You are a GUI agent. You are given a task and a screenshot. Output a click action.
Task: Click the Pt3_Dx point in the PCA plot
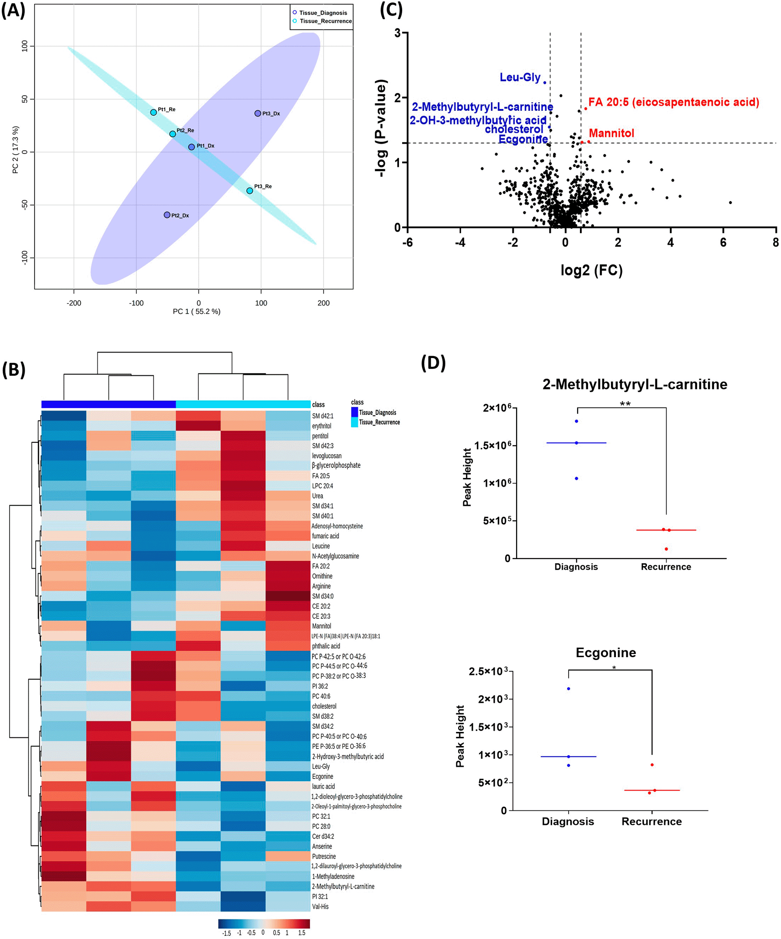click(x=258, y=113)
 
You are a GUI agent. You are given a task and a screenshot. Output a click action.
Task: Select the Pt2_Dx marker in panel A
click(x=167, y=215)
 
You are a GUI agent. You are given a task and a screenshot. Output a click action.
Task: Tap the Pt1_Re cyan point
click(x=154, y=112)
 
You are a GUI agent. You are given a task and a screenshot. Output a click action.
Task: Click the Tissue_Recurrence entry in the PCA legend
click(x=325, y=21)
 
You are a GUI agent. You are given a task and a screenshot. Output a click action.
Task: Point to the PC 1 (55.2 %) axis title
click(x=197, y=311)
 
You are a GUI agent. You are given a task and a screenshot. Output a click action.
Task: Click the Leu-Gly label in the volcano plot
click(x=520, y=78)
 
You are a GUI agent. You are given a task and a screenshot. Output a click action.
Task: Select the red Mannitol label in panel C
click(x=611, y=133)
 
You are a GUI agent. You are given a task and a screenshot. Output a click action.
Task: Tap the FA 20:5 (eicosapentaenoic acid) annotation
click(x=673, y=102)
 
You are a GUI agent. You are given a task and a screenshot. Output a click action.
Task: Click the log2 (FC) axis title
click(x=591, y=270)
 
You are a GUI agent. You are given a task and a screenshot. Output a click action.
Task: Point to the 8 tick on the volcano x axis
click(x=776, y=243)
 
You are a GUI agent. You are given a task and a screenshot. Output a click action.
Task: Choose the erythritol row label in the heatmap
click(x=321, y=426)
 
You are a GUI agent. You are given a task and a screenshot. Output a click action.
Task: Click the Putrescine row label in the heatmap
click(x=324, y=856)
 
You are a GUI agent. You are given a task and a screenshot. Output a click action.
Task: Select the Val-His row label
click(x=320, y=907)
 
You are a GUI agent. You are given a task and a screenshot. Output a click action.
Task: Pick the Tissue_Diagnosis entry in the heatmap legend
click(x=377, y=412)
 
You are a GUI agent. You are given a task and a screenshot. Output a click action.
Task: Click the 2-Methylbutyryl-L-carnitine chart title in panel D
click(x=635, y=384)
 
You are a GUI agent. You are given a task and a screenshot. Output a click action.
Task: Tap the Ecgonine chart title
click(x=605, y=653)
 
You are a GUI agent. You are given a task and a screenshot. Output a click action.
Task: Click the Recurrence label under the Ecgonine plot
click(x=652, y=821)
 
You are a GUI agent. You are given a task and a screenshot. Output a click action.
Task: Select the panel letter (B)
click(x=14, y=369)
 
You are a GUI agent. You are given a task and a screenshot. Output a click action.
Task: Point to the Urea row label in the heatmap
click(x=317, y=496)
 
